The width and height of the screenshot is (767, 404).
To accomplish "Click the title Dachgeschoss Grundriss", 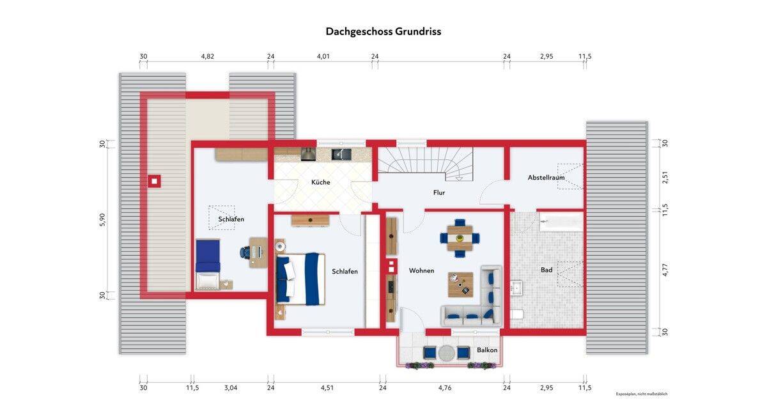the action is click(x=383, y=31).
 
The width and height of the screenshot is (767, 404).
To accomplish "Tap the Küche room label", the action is click(x=320, y=182).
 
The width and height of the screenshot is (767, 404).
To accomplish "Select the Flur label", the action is click(x=438, y=193).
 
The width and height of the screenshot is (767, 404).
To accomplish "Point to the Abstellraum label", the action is click(x=546, y=178).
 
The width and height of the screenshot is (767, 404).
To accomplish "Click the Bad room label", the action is click(x=546, y=270).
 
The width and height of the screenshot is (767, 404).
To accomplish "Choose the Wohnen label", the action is click(x=421, y=270).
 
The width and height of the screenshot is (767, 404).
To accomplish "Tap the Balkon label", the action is click(x=487, y=350).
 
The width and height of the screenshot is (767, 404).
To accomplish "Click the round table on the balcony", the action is click(x=447, y=353).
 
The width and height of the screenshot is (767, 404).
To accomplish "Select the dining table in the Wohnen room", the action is click(x=460, y=238).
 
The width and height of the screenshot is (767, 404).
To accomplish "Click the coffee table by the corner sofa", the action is click(x=461, y=284).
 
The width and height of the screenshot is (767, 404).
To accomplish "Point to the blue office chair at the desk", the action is click(x=245, y=252).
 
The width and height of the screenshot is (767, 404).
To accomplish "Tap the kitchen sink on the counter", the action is click(x=341, y=155).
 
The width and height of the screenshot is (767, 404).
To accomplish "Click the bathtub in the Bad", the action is click(x=561, y=222).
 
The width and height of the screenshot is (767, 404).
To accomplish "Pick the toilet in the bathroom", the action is click(x=517, y=315).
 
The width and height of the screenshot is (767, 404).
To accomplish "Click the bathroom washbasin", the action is click(x=516, y=288).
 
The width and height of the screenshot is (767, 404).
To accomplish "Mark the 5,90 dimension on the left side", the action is click(x=102, y=219).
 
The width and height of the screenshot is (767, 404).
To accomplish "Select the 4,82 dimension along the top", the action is click(x=208, y=56).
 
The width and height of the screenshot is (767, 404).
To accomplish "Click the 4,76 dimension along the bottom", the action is click(x=445, y=387).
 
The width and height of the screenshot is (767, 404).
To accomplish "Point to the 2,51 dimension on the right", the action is click(x=665, y=177).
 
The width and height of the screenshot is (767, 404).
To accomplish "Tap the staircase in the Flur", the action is click(x=425, y=164).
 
